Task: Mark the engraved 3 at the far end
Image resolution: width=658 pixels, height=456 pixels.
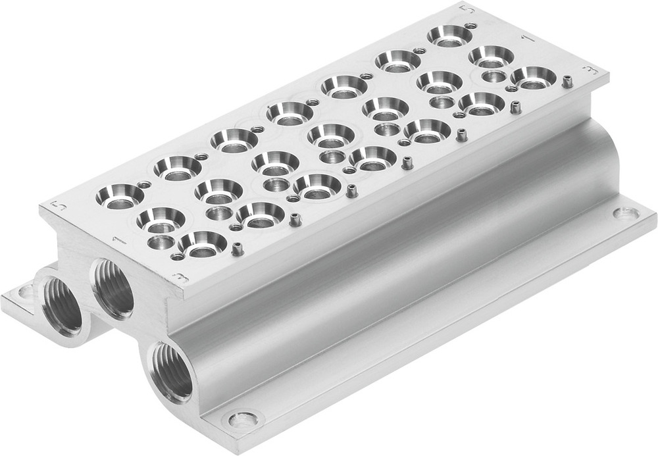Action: pyautogui.click(x=592, y=69)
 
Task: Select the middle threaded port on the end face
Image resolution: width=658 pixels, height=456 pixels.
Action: pyautogui.click(x=113, y=288)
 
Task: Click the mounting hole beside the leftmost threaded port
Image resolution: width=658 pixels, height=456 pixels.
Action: pyautogui.click(x=26, y=291)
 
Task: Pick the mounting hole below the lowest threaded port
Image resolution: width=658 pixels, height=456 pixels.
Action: pyautogui.click(x=244, y=417)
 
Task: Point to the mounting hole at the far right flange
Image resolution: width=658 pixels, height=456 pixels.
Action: pyautogui.click(x=624, y=213)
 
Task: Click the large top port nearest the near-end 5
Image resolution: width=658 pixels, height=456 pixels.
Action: pyautogui.click(x=119, y=195)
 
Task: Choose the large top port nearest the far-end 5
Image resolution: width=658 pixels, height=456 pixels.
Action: pyautogui.click(x=450, y=35)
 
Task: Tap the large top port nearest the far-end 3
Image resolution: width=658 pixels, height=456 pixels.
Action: pyautogui.click(x=532, y=77)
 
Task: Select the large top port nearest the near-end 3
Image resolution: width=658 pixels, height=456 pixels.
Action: pyautogui.click(x=202, y=243)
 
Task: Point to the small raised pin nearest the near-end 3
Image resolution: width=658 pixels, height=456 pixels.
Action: pyautogui.click(x=235, y=250)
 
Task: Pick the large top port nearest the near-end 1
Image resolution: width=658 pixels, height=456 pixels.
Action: pyautogui.click(x=160, y=218)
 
